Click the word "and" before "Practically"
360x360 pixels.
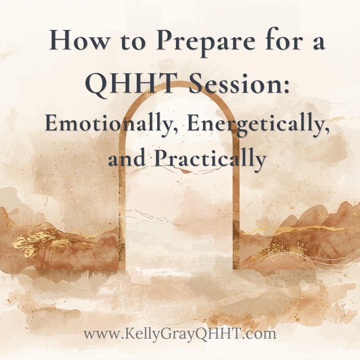[127, 159]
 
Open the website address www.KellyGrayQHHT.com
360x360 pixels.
[180, 334]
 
